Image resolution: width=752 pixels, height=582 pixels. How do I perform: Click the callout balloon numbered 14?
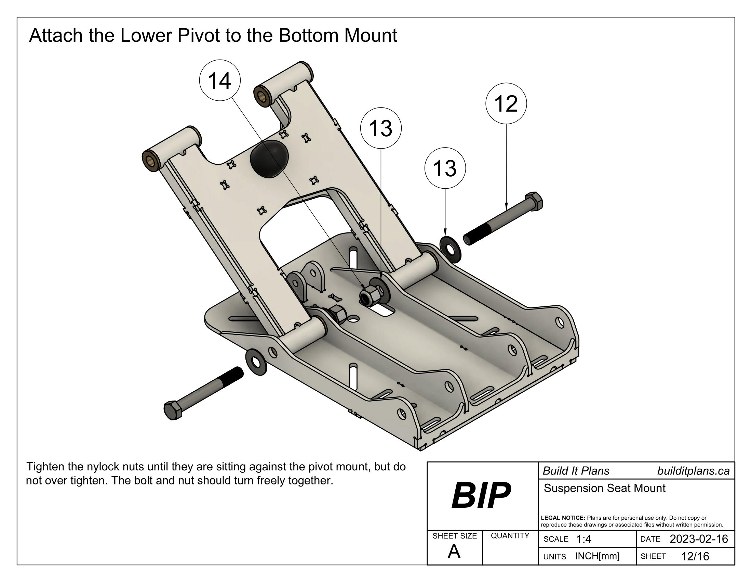click(220, 81)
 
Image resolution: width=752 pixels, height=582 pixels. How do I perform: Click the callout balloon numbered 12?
click(506, 103)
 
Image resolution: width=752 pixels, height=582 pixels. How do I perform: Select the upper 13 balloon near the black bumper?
click(380, 128)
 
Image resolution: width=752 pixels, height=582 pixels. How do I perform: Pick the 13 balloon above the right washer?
click(445, 168)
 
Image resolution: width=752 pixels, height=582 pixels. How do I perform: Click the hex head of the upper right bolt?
click(533, 201)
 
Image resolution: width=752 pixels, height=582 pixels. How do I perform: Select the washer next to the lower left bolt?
click(256, 362)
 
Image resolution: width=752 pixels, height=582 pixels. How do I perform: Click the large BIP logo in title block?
click(481, 496)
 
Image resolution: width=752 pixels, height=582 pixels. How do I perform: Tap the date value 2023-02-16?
click(699, 539)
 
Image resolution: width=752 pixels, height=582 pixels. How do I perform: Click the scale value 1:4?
click(583, 539)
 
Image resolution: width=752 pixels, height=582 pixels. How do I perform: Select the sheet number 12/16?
click(695, 556)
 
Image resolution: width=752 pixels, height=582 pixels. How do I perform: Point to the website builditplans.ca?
click(693, 471)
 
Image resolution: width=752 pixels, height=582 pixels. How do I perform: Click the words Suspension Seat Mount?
click(604, 488)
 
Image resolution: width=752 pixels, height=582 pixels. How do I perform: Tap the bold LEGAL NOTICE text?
click(563, 518)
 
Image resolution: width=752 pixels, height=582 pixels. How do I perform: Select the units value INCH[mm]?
click(597, 556)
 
